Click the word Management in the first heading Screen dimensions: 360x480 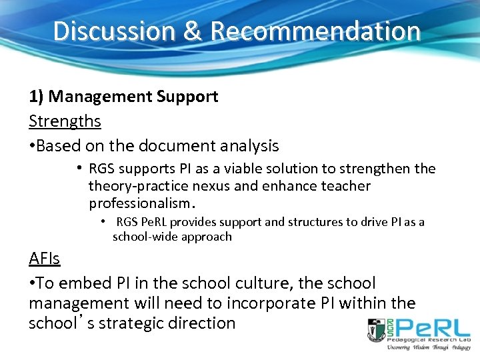coord(100,97)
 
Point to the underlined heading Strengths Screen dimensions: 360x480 coord(65,121)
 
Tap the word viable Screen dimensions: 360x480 coord(231,169)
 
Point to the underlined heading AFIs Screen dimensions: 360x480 coord(45,259)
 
